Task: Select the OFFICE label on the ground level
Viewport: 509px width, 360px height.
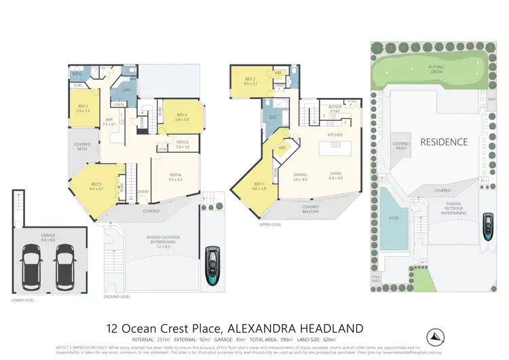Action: point(183,144)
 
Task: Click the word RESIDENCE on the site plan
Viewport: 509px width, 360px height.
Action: point(443,143)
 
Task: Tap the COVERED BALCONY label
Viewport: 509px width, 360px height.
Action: point(311,209)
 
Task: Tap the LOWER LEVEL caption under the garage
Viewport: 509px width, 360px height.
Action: point(22,300)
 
